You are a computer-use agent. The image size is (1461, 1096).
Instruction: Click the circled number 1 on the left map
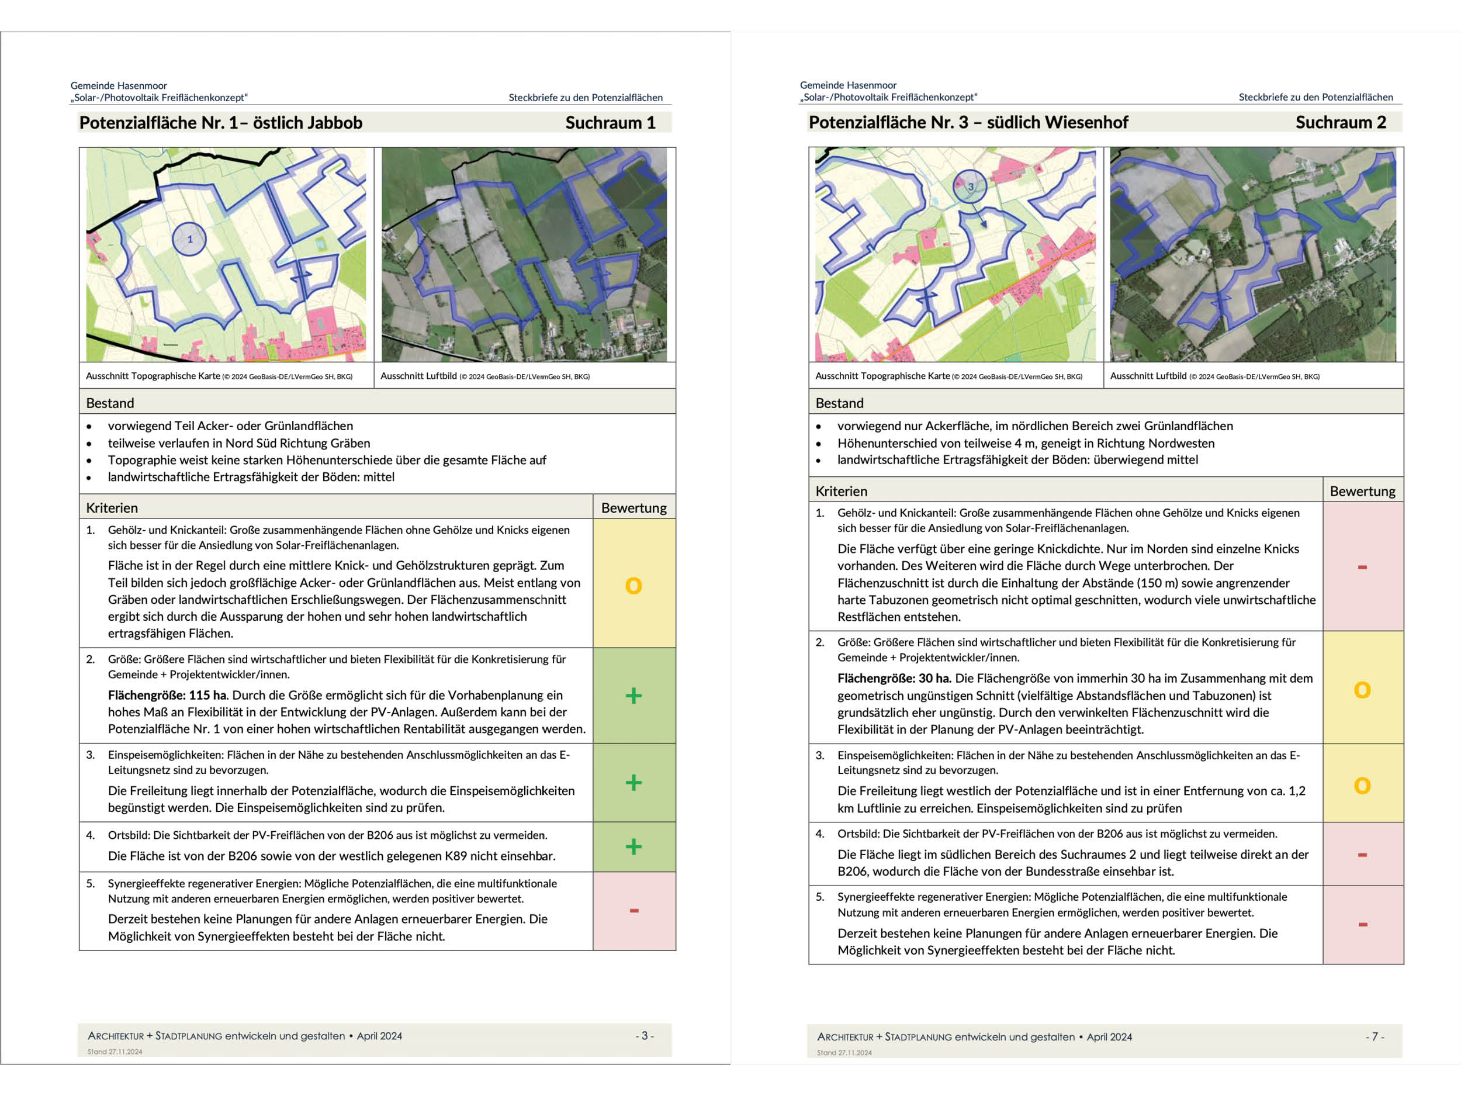click(x=189, y=239)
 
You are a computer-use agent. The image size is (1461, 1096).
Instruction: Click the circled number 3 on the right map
click(x=970, y=186)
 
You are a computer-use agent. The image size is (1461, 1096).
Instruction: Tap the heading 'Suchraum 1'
click(x=610, y=123)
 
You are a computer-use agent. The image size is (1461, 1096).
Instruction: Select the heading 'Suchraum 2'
click(x=1340, y=122)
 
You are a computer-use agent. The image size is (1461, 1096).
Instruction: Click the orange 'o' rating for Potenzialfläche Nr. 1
click(x=633, y=585)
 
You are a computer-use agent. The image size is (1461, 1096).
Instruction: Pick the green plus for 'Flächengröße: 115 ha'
click(x=633, y=696)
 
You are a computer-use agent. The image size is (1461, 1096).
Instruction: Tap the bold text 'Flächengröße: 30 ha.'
click(x=894, y=679)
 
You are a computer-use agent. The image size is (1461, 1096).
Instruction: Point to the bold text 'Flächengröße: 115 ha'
click(x=168, y=695)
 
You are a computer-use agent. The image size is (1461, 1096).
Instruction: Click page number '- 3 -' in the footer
click(x=645, y=1036)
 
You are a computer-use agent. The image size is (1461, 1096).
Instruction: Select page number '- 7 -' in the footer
click(x=1375, y=1036)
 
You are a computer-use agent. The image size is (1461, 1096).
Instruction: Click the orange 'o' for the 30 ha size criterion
click(x=1362, y=690)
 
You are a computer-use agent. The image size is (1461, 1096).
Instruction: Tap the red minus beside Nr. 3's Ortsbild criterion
click(x=1362, y=855)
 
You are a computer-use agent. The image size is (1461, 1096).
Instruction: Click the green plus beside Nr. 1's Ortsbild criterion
click(x=633, y=847)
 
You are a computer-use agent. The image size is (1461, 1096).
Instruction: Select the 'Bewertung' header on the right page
click(x=1362, y=492)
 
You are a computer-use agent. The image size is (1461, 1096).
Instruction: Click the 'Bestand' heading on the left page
click(x=110, y=403)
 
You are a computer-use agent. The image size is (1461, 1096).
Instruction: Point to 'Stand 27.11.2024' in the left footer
click(x=115, y=1052)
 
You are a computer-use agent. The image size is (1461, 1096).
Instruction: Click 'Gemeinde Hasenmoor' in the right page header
click(x=848, y=85)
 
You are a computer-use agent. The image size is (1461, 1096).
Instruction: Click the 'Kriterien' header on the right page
click(x=841, y=492)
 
